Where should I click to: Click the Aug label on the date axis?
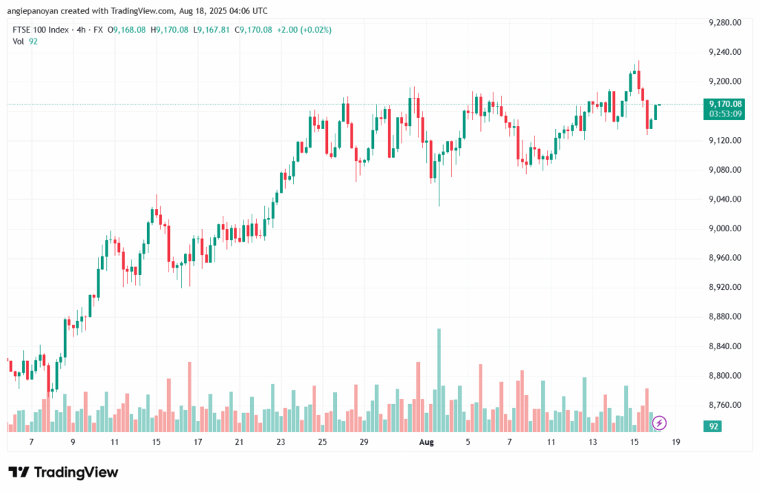coord(426,442)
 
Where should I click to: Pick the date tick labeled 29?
coord(364,442)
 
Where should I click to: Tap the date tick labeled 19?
coord(675,442)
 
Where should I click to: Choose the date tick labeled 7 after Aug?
coord(509,442)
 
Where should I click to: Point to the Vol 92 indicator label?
coord(25,42)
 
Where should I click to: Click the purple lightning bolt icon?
coord(659,423)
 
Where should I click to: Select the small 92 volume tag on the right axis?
coord(714,427)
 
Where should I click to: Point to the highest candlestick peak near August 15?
coord(638,63)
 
